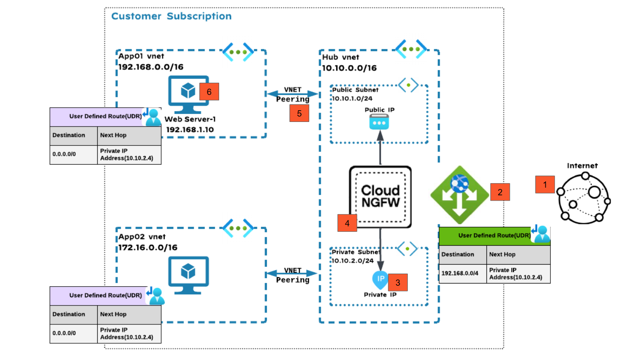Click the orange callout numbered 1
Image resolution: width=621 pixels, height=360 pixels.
(545, 184)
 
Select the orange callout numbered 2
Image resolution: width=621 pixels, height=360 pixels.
(500, 192)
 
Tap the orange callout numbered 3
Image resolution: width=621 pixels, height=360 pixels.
(398, 282)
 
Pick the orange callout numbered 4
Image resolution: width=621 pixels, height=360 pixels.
(347, 222)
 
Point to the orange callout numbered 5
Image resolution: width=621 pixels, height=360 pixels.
(299, 113)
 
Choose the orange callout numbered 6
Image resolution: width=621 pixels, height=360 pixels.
(209, 91)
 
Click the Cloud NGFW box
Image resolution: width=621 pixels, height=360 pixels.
(380, 197)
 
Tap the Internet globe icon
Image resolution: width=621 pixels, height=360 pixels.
(583, 198)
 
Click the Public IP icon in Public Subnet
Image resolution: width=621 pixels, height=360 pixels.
(378, 122)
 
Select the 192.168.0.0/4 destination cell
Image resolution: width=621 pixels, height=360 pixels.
(463, 273)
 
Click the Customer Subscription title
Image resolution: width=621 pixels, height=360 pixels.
(171, 17)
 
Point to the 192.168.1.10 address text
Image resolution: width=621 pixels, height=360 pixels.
(189, 129)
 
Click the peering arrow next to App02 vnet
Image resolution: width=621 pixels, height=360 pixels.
(292, 274)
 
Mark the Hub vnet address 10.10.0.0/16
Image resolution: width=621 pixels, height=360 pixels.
(349, 68)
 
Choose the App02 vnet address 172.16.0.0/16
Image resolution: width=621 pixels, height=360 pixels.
(148, 247)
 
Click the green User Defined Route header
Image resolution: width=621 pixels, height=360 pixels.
(494, 236)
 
